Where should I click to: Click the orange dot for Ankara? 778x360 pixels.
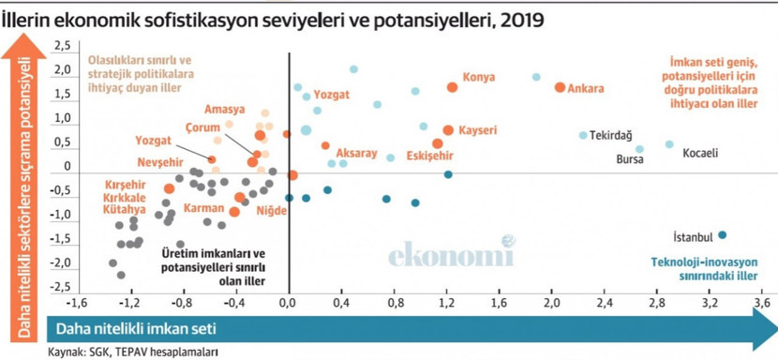560,87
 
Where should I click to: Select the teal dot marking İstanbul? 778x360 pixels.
722,235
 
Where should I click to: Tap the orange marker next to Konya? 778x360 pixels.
452,87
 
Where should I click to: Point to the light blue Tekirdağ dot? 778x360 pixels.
583,135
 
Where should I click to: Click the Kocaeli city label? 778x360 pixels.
701,153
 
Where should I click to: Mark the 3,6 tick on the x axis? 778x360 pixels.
763,303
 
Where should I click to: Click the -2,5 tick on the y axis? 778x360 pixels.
63,286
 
